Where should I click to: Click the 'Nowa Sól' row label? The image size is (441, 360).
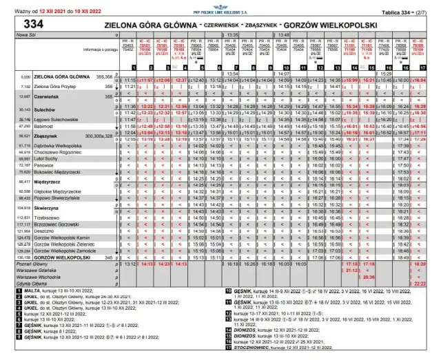pos(27,34)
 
